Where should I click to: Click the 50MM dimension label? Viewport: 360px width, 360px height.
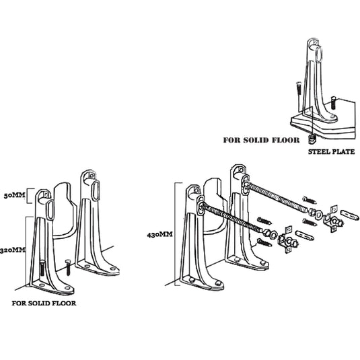pyautogui.click(x=14, y=195)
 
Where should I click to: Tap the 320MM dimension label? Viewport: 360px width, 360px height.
pyautogui.click(x=13, y=250)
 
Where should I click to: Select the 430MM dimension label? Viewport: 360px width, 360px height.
pyautogui.click(x=159, y=235)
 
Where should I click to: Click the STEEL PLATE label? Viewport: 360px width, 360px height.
pyautogui.click(x=331, y=152)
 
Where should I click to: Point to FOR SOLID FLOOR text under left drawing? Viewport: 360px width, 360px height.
pyautogui.click(x=44, y=303)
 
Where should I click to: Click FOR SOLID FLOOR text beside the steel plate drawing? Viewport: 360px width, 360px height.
pyautogui.click(x=261, y=140)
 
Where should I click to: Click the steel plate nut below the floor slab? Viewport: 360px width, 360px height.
pyautogui.click(x=312, y=139)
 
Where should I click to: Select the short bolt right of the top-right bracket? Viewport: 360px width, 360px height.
pyautogui.click(x=333, y=103)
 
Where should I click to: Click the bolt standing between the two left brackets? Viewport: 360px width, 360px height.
pyautogui.click(x=68, y=267)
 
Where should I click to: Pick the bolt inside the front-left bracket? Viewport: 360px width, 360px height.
pyautogui.click(x=42, y=269)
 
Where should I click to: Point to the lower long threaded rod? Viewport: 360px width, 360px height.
pyautogui.click(x=232, y=217)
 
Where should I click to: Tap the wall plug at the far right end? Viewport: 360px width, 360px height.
pyautogui.click(x=349, y=214)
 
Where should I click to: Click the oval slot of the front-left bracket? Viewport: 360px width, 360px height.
pyautogui.click(x=50, y=209)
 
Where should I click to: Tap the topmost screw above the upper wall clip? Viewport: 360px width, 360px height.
pyautogui.click(x=310, y=200)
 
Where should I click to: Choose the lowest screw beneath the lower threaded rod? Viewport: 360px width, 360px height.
pyautogui.click(x=264, y=242)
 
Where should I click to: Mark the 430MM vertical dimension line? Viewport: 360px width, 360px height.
pyautogui.click(x=176, y=234)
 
